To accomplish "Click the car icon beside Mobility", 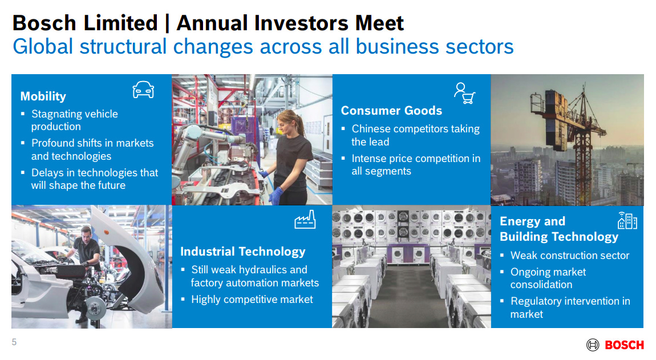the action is click(143, 90).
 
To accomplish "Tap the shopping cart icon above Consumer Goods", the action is click(465, 93).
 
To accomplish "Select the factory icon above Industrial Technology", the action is click(305, 219).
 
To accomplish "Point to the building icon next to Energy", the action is click(627, 220).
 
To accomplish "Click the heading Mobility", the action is click(43, 96).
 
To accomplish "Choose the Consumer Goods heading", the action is click(391, 111).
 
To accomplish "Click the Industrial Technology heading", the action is click(242, 252).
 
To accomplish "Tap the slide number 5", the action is click(14, 342).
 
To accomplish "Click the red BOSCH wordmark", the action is click(624, 345).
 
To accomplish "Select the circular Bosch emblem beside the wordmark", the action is click(593, 345).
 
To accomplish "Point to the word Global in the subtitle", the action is click(43, 46).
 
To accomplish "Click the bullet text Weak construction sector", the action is click(570, 256).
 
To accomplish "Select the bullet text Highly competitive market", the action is click(252, 300).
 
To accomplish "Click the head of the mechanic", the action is click(86, 233).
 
